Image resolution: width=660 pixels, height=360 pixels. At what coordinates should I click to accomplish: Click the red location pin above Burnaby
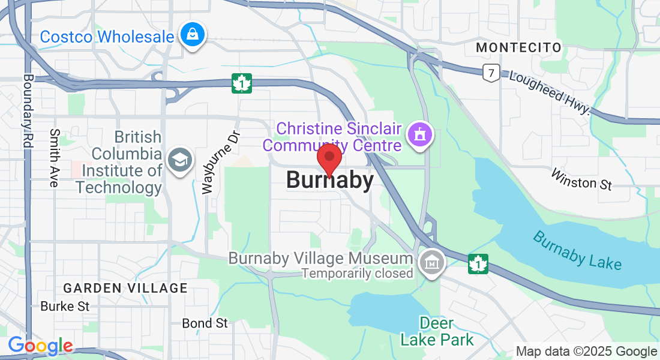pyautogui.click(x=329, y=158)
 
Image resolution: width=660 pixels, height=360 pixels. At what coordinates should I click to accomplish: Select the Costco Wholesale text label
pyautogui.click(x=107, y=37)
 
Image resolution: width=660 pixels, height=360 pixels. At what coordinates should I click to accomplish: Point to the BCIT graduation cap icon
pyautogui.click(x=179, y=161)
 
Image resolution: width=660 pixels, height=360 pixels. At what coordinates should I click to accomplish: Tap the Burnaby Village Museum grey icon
pyautogui.click(x=431, y=262)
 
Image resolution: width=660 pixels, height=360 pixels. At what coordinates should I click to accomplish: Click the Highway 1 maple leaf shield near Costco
pyautogui.click(x=242, y=83)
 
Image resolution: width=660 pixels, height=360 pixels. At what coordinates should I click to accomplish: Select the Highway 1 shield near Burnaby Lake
pyautogui.click(x=478, y=263)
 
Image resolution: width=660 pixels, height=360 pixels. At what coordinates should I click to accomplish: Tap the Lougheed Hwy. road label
pyautogui.click(x=550, y=93)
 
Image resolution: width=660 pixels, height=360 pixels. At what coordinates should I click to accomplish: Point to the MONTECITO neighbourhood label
pyautogui.click(x=519, y=47)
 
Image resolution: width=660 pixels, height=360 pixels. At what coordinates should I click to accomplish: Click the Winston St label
pyautogui.click(x=581, y=179)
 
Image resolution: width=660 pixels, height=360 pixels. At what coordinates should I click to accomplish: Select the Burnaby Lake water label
pyautogui.click(x=577, y=250)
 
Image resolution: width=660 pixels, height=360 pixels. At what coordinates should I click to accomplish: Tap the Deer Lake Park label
pyautogui.click(x=437, y=331)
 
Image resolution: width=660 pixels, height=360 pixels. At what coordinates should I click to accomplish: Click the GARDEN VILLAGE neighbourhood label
pyautogui.click(x=125, y=288)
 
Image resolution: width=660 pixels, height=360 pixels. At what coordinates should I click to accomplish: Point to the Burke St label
pyautogui.click(x=65, y=306)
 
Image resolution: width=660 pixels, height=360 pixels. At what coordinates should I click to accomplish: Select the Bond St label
pyautogui.click(x=205, y=323)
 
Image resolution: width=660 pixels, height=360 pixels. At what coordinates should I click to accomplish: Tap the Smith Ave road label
pyautogui.click(x=55, y=158)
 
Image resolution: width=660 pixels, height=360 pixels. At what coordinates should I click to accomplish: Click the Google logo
pyautogui.click(x=40, y=346)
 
